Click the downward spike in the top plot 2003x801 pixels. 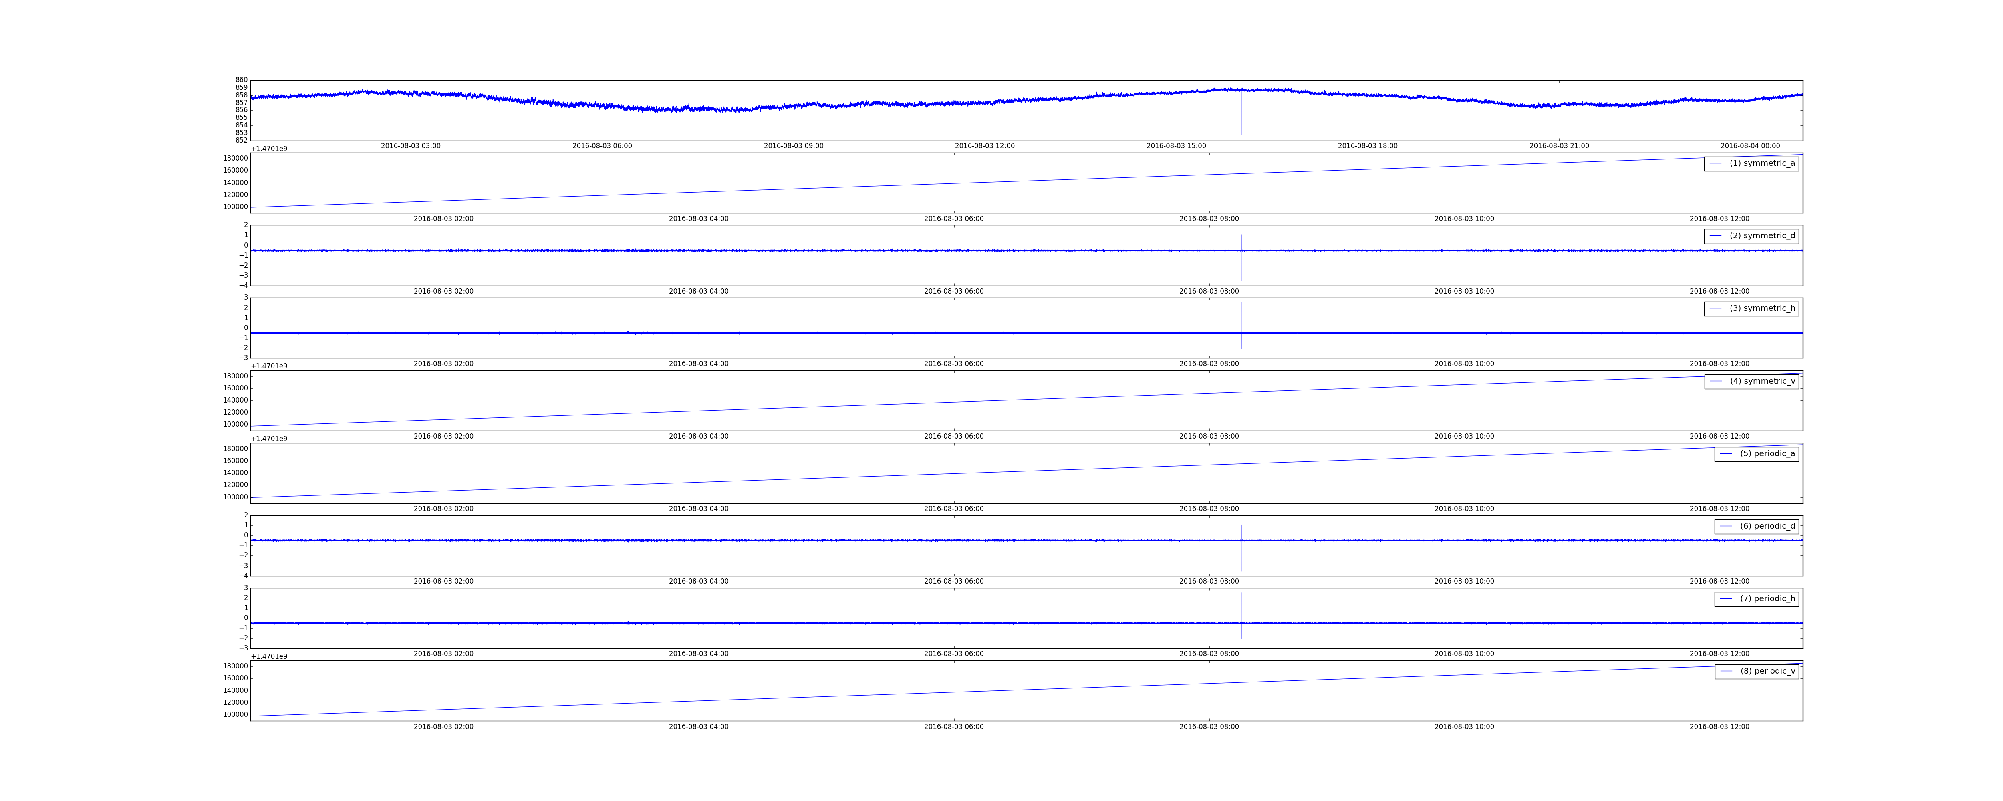point(1241,113)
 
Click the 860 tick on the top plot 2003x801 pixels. point(242,80)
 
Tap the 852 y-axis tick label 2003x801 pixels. point(242,140)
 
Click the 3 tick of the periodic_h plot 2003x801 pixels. point(246,588)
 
